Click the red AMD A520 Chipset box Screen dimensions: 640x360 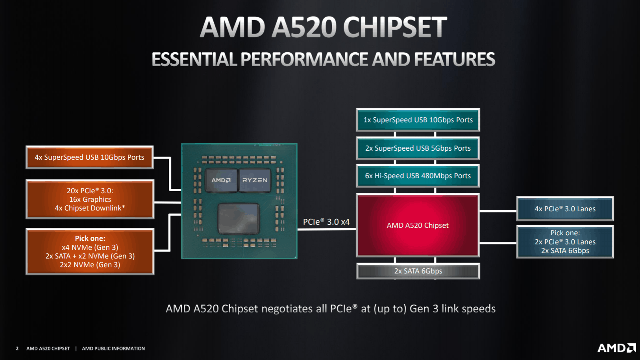tap(418, 225)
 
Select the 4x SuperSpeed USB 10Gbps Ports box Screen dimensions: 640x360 tap(89, 157)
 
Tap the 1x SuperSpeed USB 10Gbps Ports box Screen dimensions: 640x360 tap(418, 120)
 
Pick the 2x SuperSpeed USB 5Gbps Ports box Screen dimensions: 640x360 tap(418, 148)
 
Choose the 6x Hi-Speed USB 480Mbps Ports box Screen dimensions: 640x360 tap(418, 175)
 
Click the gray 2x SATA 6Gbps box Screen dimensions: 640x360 tap(418, 271)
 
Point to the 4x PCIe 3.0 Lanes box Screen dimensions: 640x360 tap(565, 209)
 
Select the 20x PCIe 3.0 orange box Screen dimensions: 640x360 tap(90, 199)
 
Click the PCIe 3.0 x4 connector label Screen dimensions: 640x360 tap(326, 222)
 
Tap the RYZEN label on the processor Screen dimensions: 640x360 tap(255, 180)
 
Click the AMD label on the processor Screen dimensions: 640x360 tap(221, 180)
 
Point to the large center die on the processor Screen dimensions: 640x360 tap(239, 219)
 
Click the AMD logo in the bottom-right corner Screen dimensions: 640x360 tap(617, 348)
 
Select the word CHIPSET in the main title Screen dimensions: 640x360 tap(395, 27)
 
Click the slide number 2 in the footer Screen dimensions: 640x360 tap(17, 349)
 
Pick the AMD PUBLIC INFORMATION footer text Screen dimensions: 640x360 tap(113, 349)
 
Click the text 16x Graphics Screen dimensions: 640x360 tap(90, 199)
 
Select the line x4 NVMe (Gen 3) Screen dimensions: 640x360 tap(90, 247)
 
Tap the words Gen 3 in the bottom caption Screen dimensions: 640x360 tap(424, 309)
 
